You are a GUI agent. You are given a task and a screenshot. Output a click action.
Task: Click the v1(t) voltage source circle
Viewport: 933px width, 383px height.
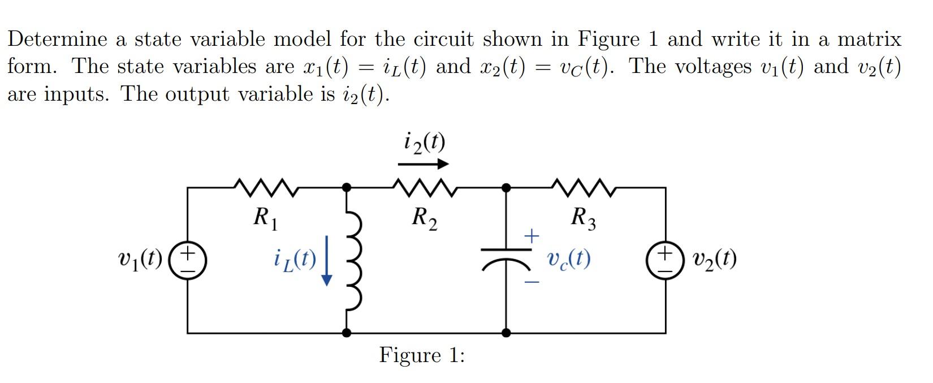[x=188, y=260]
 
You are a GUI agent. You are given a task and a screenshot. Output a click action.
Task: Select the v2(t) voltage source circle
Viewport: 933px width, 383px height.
[x=665, y=260]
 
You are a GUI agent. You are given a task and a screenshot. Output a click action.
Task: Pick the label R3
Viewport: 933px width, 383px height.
[x=583, y=217]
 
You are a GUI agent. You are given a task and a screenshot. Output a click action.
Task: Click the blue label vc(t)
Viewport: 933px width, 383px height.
[x=569, y=259]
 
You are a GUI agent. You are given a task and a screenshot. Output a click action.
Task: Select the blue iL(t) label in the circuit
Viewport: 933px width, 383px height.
[x=294, y=260]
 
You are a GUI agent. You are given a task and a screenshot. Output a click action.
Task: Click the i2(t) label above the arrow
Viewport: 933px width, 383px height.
[x=425, y=141]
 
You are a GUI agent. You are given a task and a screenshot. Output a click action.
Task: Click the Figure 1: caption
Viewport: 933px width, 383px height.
[x=422, y=355]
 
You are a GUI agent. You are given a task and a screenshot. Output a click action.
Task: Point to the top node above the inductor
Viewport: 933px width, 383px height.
[x=347, y=186]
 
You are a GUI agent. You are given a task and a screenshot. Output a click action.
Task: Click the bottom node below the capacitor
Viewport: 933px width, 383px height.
[x=506, y=333]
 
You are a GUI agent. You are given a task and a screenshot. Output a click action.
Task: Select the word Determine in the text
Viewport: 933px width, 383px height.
[x=57, y=39]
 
